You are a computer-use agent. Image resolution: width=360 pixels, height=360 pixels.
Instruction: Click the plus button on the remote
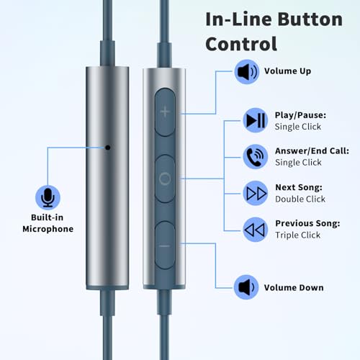165,112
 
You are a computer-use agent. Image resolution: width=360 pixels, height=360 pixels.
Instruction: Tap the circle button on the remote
165,179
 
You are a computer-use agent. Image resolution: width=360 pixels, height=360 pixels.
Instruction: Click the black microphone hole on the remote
108,148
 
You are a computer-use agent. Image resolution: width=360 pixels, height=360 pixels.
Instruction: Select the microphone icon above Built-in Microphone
48,197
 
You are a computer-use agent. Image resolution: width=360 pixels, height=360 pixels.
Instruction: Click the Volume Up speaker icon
247,72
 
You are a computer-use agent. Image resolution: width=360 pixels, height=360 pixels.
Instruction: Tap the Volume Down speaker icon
246,287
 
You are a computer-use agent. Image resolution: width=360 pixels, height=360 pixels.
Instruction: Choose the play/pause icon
256,120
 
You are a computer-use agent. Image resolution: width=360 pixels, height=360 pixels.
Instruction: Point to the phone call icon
256,157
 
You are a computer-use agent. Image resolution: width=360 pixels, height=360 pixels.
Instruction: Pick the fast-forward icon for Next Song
256,193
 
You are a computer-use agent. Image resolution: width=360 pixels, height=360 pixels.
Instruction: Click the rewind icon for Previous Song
256,230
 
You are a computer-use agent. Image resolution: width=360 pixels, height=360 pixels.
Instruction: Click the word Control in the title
241,44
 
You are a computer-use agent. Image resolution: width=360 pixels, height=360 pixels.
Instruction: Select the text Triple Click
298,235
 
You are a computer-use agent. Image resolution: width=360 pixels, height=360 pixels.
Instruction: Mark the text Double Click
300,199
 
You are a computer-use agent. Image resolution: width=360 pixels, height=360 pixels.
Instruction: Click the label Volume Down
294,287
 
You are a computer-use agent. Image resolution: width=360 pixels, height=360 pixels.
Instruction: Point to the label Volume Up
287,71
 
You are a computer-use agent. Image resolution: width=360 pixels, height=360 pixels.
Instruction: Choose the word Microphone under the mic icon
48,229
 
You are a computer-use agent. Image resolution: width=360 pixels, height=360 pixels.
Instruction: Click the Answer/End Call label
312,151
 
